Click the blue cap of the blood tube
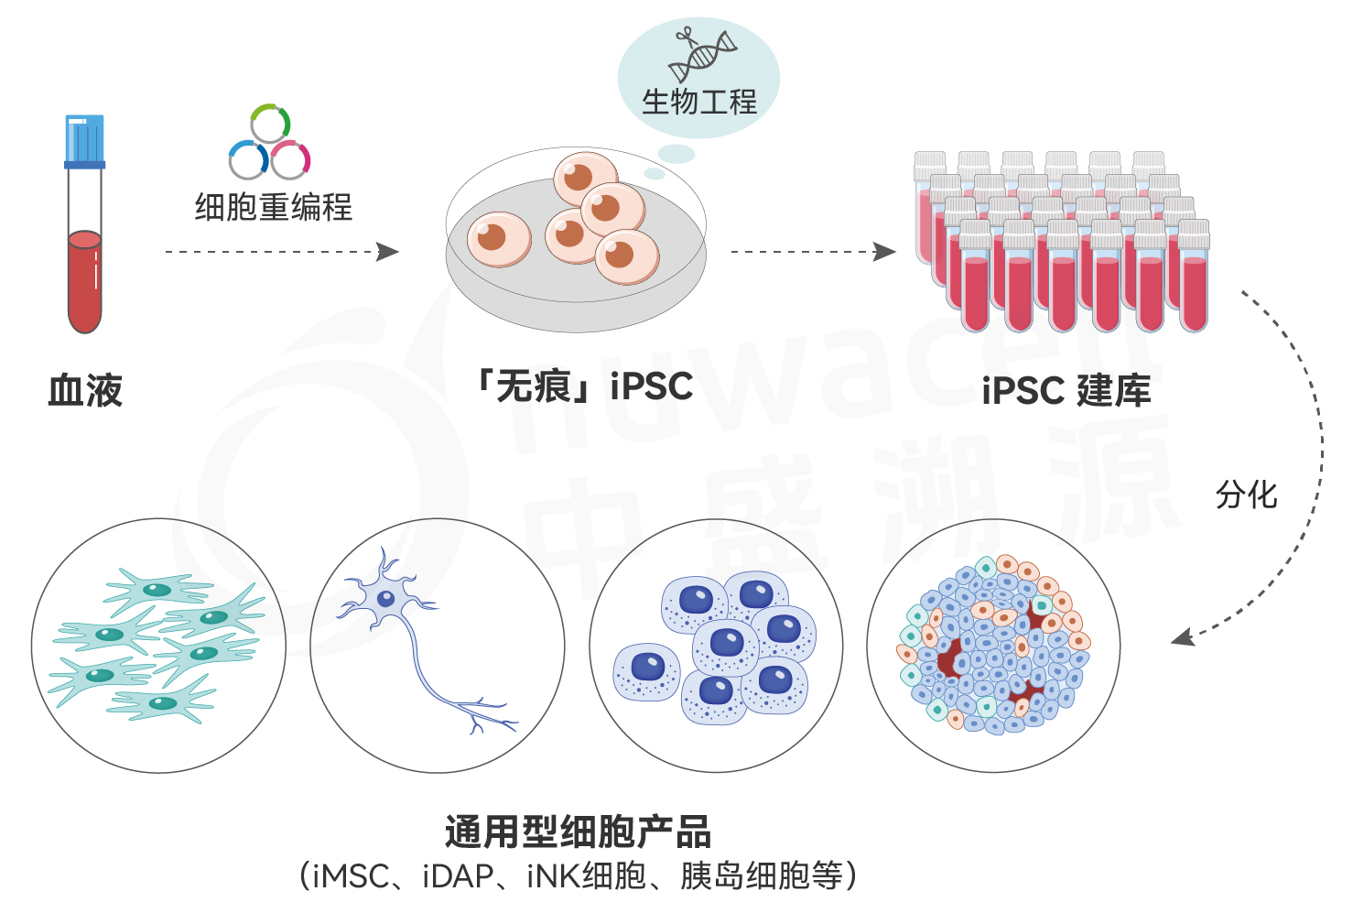point(84,141)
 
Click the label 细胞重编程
point(274,207)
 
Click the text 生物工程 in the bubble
point(699,102)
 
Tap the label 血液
point(85,390)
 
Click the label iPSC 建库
point(1066,390)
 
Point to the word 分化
point(1247,495)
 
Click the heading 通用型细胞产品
point(578,832)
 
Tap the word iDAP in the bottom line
point(459,876)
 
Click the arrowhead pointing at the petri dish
point(387,251)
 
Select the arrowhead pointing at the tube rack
point(884,251)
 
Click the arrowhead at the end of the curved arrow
point(1183,636)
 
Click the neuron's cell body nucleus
point(386,599)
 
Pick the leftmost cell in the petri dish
point(499,239)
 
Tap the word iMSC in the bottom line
point(352,876)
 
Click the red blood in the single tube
point(84,281)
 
